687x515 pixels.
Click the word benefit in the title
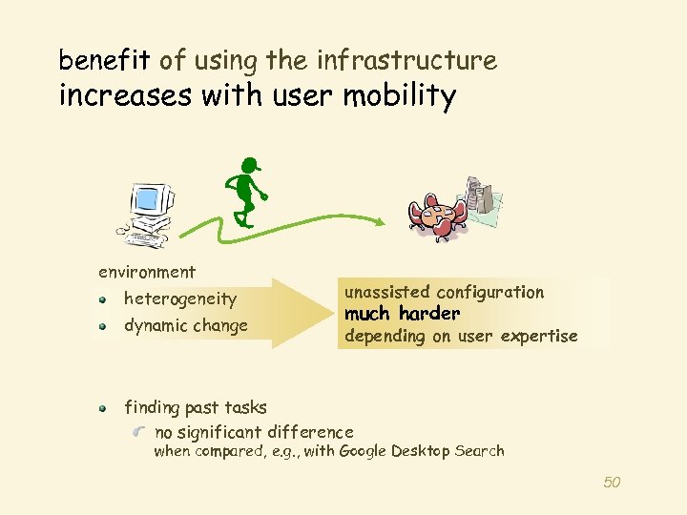coord(104,61)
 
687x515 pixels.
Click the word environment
coord(146,273)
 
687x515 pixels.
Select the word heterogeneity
coord(180,299)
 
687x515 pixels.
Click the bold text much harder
coord(402,314)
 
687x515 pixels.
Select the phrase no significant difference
coord(253,431)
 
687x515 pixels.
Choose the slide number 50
coord(612,483)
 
